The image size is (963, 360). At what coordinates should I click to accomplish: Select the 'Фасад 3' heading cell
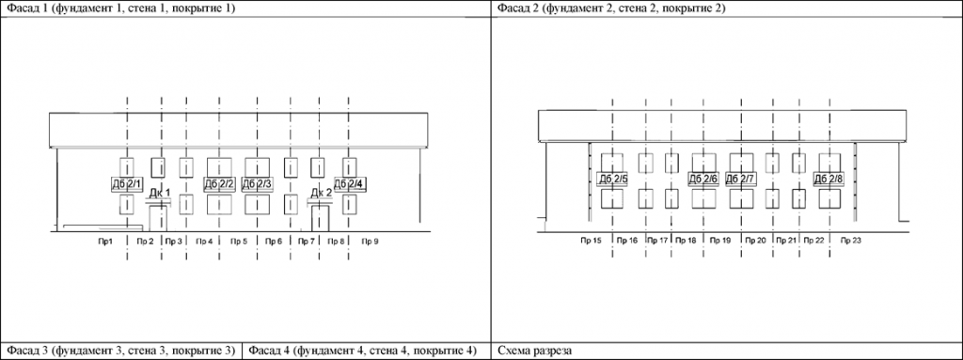[x=118, y=352]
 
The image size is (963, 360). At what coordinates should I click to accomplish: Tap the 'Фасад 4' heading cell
[x=362, y=352]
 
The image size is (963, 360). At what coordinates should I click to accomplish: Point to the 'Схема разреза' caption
[x=534, y=352]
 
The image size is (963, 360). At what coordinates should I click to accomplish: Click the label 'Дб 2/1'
[x=127, y=184]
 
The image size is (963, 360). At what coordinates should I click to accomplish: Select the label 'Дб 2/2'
[x=219, y=184]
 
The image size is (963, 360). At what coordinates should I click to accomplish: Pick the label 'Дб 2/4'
[x=349, y=184]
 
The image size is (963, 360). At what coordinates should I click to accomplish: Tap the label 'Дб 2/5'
[x=612, y=179]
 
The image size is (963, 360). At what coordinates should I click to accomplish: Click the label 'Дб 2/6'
[x=703, y=179]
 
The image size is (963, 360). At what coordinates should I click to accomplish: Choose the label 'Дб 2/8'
[x=829, y=179]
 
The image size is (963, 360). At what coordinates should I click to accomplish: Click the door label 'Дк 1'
[x=160, y=195]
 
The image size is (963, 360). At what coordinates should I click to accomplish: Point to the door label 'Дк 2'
[x=322, y=195]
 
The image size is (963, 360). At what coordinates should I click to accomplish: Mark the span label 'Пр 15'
[x=592, y=242]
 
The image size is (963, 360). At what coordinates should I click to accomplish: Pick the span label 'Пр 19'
[x=720, y=242]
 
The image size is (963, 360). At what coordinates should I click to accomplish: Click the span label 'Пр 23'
[x=850, y=242]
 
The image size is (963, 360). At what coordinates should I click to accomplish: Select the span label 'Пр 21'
[x=787, y=242]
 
